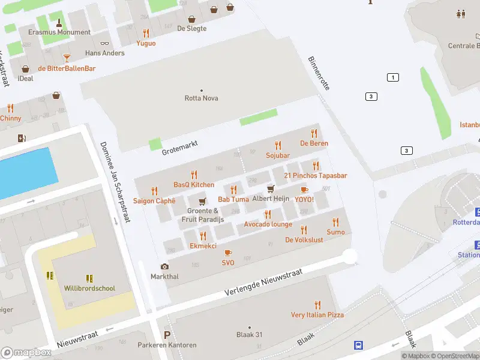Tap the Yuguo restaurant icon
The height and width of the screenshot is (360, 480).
coord(146,33)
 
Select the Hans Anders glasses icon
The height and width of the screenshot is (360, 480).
coord(105,43)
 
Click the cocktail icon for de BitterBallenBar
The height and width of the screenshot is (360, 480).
coord(67,58)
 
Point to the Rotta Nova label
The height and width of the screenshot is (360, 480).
coord(201,98)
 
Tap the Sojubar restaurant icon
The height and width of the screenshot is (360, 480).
coord(277,145)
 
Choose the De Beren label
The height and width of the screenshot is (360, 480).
coord(314,143)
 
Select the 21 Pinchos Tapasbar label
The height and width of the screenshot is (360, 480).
coord(315,176)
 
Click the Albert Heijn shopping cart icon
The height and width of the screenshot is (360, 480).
coord(271,189)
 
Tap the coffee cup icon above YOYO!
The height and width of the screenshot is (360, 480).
coord(304,190)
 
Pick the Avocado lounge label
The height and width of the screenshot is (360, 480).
coord(268,224)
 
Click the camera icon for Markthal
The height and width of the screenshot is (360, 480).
coord(164,266)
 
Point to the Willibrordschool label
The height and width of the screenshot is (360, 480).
coord(89,288)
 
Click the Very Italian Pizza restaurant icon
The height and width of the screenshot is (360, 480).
coord(317,305)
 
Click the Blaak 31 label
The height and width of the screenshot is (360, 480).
coord(249,335)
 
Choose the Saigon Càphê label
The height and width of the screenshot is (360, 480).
coord(154,201)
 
